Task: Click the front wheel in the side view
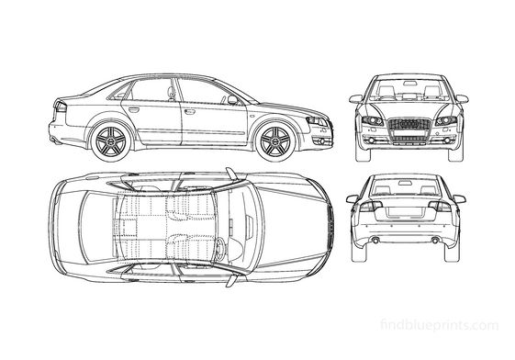[274, 141]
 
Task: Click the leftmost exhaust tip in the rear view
[375, 242]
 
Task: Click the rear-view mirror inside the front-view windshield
[405, 82]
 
